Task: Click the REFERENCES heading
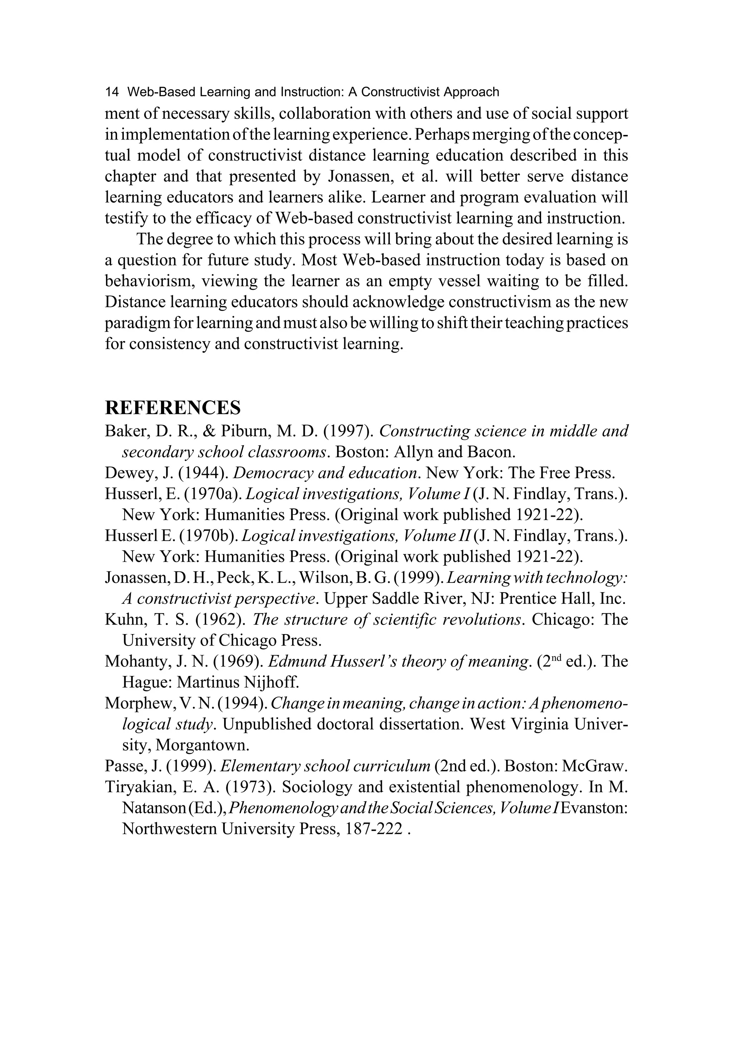click(173, 407)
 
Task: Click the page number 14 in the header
click(112, 92)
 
